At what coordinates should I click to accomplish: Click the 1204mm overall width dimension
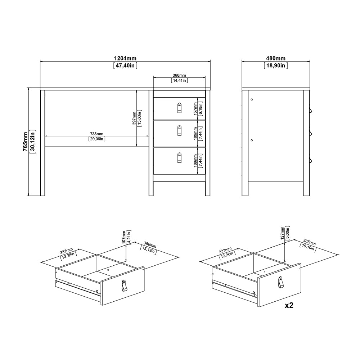125,58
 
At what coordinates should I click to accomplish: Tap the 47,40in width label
125,65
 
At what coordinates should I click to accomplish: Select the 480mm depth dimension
276,58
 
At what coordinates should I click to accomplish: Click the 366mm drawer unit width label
179,75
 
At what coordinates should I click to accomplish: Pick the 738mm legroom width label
97,134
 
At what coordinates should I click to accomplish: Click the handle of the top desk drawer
179,108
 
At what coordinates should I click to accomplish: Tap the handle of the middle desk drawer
179,131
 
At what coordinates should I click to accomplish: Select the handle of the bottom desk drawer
179,158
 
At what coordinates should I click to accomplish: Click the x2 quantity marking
289,305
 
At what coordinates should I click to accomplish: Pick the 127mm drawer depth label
282,233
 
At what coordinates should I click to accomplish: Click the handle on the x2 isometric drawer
280,282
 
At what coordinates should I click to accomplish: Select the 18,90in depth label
276,65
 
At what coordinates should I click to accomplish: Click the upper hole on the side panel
252,100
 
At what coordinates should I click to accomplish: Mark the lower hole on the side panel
252,140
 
